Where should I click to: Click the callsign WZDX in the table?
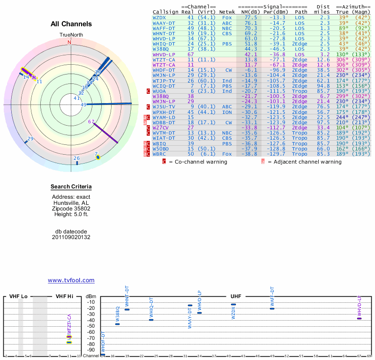pos(159,17)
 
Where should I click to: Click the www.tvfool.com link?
pos(71,280)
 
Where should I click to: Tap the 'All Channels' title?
pos(71,24)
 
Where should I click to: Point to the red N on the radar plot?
pos(69,42)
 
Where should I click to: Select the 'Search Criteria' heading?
pos(71,187)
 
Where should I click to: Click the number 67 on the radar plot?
pos(91,121)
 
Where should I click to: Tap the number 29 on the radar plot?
pos(30,139)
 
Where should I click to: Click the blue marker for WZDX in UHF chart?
pos(233,305)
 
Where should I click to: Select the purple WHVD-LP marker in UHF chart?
pos(360,318)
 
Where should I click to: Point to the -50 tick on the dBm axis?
pos(91,326)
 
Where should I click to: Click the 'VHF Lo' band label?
pos(19,297)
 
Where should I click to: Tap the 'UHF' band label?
pos(235,297)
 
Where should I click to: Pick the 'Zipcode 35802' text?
pos(71,209)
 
